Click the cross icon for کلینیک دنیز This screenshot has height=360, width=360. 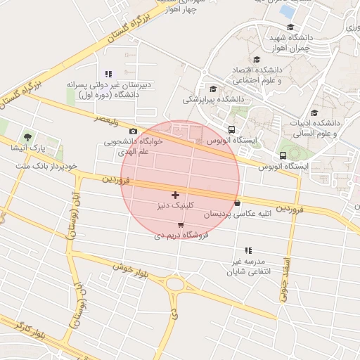coord(175,194)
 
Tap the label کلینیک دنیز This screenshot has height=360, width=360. coord(175,207)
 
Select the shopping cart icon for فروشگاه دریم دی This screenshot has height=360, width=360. coord(181,225)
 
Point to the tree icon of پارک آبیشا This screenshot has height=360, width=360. coord(27,136)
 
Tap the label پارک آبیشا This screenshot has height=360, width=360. coord(27,148)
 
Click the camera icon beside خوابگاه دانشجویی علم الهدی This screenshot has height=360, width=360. coord(134,131)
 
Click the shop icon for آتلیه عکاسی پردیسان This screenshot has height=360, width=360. coord(238,202)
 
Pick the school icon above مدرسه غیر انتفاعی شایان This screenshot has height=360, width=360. coord(247,250)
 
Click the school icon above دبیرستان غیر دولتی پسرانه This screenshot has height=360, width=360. coord(108,74)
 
